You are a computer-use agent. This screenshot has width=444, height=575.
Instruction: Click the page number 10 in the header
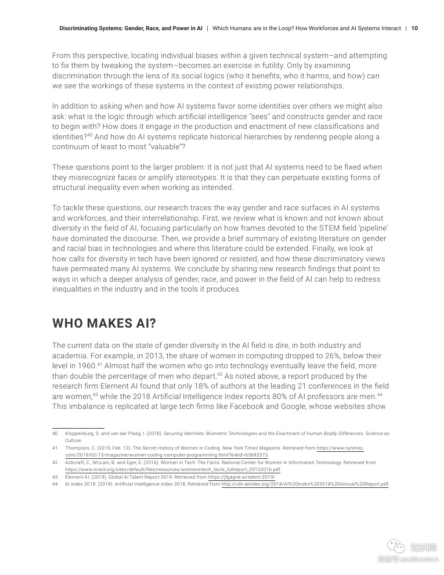[414, 28]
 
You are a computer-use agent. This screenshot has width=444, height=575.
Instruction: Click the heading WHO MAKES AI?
[104, 324]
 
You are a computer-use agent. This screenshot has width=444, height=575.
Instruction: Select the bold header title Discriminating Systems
[131, 28]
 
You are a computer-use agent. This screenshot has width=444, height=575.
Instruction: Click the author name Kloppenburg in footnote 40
[82, 433]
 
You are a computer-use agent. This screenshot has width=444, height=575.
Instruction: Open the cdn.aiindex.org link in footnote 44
[305, 484]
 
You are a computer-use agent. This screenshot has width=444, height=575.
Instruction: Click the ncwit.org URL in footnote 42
[173, 469]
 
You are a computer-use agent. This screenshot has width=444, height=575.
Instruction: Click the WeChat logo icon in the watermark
[396, 547]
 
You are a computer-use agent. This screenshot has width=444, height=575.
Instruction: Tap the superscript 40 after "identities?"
[90, 135]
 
